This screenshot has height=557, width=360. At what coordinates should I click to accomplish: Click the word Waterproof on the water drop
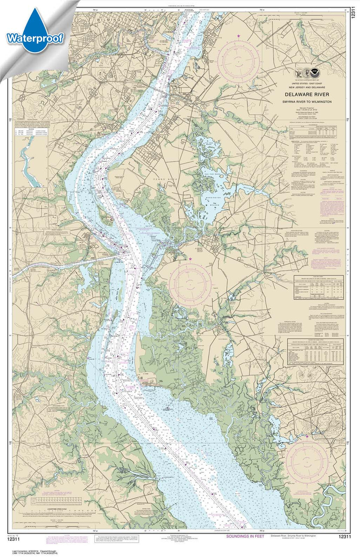35,38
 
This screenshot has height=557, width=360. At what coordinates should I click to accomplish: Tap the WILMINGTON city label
114,20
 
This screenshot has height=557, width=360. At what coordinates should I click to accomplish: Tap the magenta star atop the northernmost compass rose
239,35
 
